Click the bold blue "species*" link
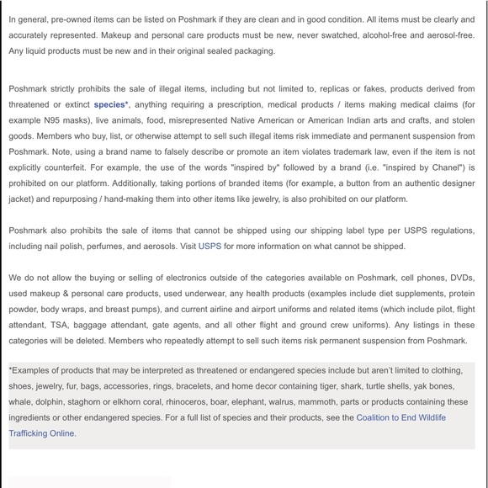[111, 104]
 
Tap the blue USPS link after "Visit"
[210, 247]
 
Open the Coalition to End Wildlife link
[400, 417]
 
